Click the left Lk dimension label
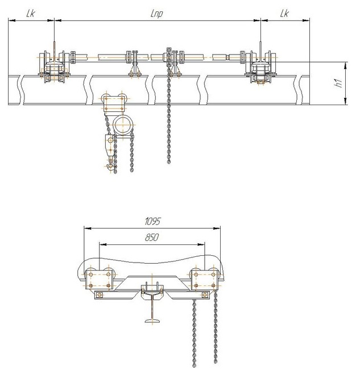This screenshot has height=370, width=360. pyautogui.click(x=31, y=13)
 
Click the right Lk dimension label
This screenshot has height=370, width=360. pyautogui.click(x=284, y=13)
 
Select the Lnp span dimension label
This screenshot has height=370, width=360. pyautogui.click(x=156, y=14)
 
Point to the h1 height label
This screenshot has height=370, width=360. pyautogui.click(x=339, y=84)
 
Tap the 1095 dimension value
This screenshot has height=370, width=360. pyautogui.click(x=152, y=221)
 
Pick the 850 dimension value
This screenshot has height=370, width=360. pyautogui.click(x=151, y=237)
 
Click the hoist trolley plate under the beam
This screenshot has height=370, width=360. pyautogui.click(x=114, y=103)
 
